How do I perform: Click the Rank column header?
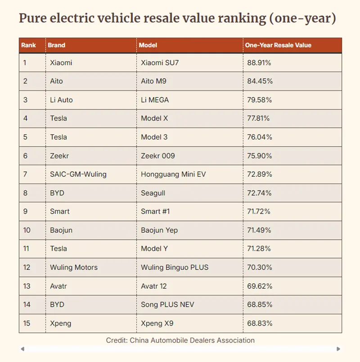point(28,45)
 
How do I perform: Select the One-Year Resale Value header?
point(278,45)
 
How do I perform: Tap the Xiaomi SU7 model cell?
point(160,63)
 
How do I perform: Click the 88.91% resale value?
point(259,63)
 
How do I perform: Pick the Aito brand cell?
point(57,81)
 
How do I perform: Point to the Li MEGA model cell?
point(155,100)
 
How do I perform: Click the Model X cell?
point(154,118)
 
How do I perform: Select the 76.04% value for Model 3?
point(260,137)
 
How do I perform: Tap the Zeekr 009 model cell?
point(158,156)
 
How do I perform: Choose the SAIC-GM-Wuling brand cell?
point(78,174)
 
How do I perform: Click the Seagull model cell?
point(153,193)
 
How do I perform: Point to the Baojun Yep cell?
point(159,230)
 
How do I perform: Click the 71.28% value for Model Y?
point(259,249)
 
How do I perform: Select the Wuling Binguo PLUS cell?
point(175,268)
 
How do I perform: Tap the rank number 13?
point(27,286)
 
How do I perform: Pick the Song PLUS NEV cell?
point(167,304)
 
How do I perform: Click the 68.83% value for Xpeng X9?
point(260,323)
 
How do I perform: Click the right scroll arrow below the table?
point(338,349)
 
